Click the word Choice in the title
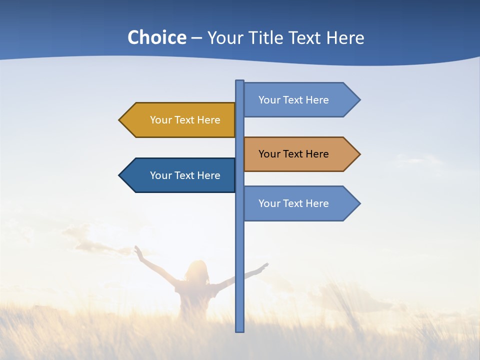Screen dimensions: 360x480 (156, 37)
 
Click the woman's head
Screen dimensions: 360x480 (196, 270)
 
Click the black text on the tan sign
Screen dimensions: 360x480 (293, 154)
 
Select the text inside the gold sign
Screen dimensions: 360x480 (185, 120)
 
